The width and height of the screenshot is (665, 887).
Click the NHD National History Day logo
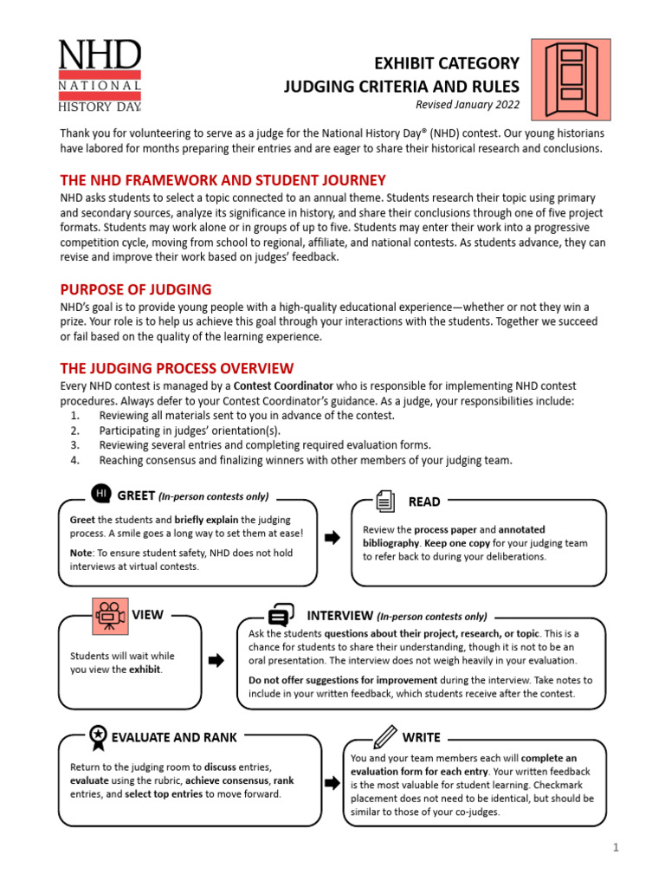[100, 76]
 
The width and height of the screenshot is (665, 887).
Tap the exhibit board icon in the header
[571, 78]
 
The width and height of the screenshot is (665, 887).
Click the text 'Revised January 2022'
[468, 105]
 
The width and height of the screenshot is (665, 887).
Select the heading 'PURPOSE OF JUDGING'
[136, 289]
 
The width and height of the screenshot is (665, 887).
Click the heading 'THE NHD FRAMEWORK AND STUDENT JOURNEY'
[223, 180]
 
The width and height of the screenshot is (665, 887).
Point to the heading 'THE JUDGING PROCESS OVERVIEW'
[177, 368]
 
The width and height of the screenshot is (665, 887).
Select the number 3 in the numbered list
[75, 444]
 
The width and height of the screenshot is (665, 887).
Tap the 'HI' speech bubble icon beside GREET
[100, 494]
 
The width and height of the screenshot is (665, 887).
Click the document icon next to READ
[385, 501]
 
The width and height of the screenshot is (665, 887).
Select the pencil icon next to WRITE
[385, 737]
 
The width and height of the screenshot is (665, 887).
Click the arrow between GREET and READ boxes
[332, 538]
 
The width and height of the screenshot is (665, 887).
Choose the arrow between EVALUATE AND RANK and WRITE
[332, 783]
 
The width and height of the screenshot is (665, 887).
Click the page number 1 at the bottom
[616, 849]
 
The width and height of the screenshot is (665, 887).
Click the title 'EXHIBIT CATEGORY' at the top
[446, 63]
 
